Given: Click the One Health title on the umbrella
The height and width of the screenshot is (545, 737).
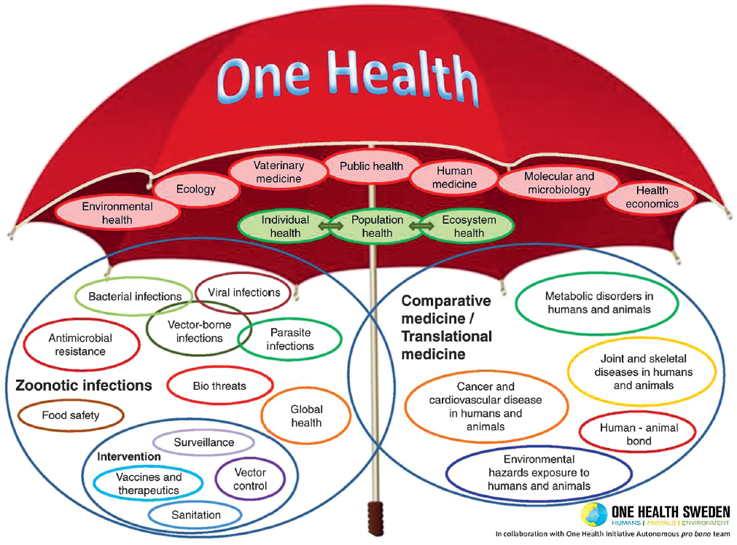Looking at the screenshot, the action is [347, 78].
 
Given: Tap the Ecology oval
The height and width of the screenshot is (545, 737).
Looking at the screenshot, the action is [196, 189].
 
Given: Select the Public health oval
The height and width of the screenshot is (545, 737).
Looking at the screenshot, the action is [371, 166].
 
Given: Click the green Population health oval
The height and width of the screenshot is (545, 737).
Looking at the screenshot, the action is [377, 226].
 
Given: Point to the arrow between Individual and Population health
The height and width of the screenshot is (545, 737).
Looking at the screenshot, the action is [331, 226].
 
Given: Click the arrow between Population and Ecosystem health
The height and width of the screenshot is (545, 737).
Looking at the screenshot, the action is [421, 226].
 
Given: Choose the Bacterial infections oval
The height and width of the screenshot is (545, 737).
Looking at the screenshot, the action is [135, 297].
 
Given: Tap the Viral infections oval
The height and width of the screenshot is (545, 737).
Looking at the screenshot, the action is [243, 292].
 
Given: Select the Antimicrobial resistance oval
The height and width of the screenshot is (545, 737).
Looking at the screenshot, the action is [81, 345].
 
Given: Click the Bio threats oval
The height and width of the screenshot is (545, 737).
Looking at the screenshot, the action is [219, 385].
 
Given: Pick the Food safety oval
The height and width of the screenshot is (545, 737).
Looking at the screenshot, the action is [71, 415].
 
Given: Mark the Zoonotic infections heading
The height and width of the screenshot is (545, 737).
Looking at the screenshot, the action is [84, 385].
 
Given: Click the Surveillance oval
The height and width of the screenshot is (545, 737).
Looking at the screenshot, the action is [203, 442].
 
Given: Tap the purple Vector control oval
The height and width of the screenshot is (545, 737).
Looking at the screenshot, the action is [250, 479].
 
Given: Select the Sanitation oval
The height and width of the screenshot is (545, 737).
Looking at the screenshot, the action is [195, 515].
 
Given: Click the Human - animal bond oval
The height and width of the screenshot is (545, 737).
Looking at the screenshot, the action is [638, 434].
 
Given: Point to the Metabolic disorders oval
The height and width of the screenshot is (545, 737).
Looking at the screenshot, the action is [598, 302].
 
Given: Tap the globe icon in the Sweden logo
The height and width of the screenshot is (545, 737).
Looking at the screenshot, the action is [594, 514].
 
